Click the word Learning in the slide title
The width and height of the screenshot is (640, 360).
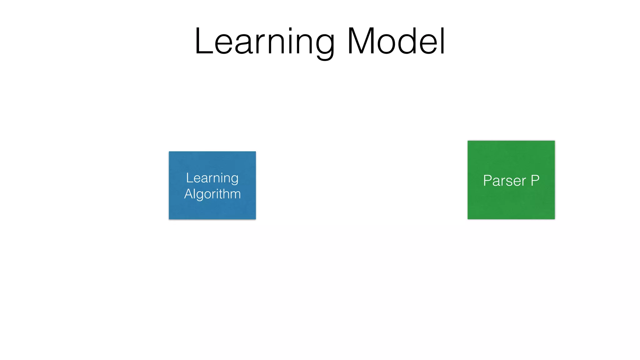coord(264,42)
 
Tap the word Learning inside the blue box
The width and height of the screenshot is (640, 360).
coord(212,178)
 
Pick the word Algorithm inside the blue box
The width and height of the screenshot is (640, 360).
coord(212,194)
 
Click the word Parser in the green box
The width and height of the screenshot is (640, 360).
coord(504,181)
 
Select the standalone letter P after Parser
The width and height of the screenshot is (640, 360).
coord(535,180)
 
